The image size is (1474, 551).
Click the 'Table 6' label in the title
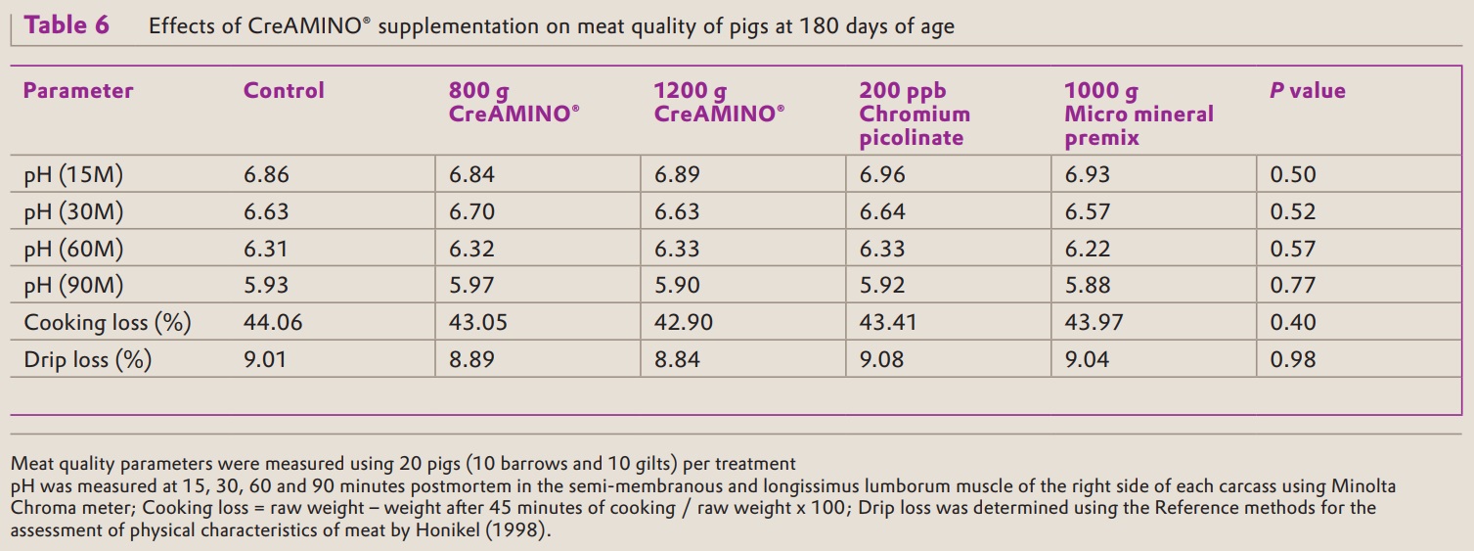point(67,25)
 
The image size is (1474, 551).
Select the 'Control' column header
point(284,91)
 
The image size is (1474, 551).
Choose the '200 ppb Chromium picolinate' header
point(915,115)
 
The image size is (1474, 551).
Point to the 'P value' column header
point(1307,91)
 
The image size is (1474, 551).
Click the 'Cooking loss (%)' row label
point(108,322)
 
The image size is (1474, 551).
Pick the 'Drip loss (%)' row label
point(88,359)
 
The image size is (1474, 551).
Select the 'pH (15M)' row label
point(74,175)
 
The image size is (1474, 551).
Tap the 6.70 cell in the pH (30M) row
point(471,212)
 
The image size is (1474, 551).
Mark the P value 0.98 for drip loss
point(1293,359)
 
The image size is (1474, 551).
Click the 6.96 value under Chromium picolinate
point(882,175)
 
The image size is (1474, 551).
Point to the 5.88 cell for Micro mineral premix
point(1087,286)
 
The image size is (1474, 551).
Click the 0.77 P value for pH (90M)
point(1293,286)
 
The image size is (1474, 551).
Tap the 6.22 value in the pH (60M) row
point(1087,249)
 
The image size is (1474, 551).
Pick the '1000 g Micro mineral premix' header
point(1139,115)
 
